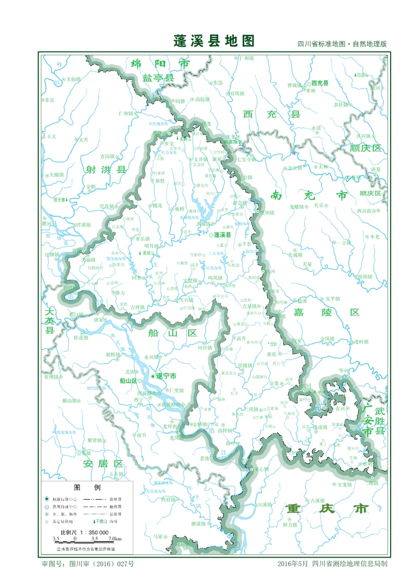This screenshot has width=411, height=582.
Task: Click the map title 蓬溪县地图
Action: click(x=214, y=41)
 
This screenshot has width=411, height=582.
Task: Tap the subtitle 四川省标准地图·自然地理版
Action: click(x=342, y=44)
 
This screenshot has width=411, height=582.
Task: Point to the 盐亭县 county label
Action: click(x=158, y=78)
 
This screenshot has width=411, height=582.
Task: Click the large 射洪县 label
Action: click(x=105, y=170)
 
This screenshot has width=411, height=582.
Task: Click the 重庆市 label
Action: click(x=328, y=509)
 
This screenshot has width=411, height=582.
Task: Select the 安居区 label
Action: click(x=103, y=464)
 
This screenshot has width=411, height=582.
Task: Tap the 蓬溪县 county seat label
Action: click(x=222, y=235)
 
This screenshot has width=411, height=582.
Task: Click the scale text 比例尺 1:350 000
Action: click(x=85, y=532)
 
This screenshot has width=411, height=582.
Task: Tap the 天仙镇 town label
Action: click(x=73, y=79)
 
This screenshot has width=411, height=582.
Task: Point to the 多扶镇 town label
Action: click(x=341, y=105)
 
